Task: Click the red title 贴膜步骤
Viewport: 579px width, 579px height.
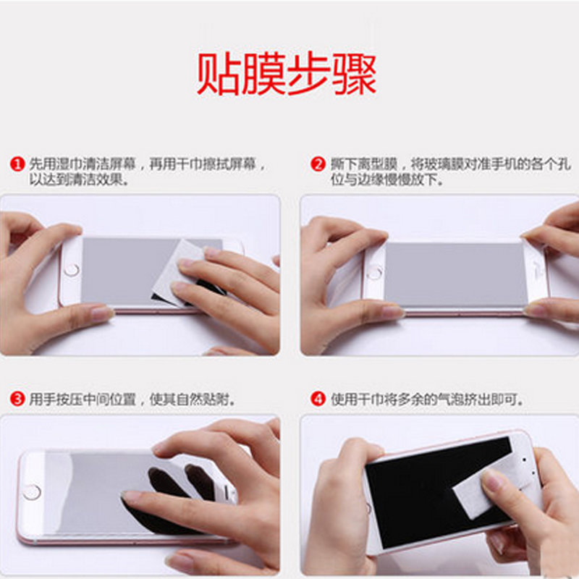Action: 287,74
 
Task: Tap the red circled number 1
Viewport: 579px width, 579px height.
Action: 17,164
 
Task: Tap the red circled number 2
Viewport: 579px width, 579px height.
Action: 318,164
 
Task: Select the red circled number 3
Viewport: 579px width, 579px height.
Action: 17,400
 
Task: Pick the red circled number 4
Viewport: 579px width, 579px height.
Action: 318,400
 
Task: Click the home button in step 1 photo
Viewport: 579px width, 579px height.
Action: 72,270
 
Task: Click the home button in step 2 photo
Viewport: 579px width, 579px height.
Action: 374,273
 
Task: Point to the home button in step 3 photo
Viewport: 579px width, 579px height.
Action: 32,492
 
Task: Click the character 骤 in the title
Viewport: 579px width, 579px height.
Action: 355,74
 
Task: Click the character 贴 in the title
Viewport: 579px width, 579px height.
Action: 218,74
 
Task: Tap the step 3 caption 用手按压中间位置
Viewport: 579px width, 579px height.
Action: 83,400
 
